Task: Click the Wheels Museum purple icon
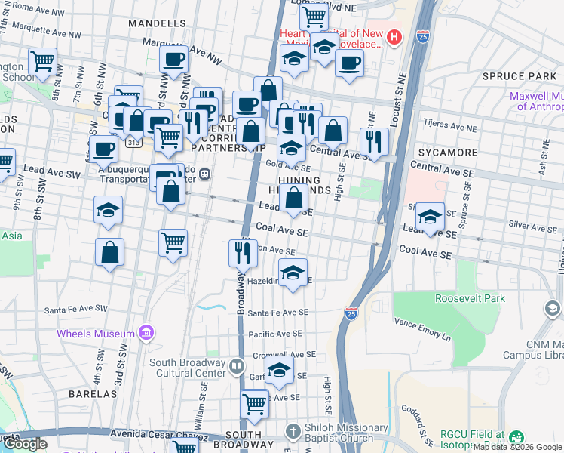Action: point(146,333)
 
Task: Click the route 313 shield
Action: point(133,141)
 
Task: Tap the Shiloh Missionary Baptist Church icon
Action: point(294,431)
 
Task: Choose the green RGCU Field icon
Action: point(516,437)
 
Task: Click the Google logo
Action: point(25,444)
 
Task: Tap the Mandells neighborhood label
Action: point(157,23)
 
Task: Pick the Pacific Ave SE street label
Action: point(274,333)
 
